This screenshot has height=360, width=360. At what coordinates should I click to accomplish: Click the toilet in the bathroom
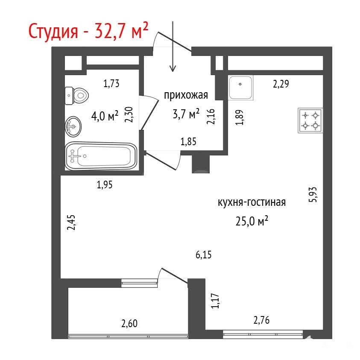click(77, 96)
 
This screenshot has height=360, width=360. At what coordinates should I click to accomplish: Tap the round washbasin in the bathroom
click(73, 126)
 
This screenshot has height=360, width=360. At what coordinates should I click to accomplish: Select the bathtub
click(101, 156)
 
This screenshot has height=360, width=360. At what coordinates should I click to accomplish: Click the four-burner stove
click(310, 120)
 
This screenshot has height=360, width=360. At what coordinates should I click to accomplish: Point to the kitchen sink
click(240, 88)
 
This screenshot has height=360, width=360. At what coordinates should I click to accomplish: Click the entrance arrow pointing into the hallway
click(173, 47)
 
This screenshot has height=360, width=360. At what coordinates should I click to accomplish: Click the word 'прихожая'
click(186, 95)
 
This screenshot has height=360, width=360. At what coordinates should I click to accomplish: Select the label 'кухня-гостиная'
click(252, 202)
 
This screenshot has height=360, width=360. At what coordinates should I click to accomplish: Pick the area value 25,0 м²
click(252, 221)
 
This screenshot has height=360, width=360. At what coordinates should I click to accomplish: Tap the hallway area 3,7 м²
click(186, 114)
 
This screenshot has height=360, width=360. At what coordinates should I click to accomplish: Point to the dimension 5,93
click(313, 194)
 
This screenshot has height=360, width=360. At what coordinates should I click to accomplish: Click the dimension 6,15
click(203, 255)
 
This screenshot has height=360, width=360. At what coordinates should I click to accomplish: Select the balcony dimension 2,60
click(129, 324)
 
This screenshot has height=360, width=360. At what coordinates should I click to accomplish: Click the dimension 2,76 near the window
click(261, 320)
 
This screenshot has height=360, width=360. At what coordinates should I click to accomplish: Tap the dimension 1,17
click(215, 301)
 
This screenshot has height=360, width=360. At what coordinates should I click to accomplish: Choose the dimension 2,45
click(71, 222)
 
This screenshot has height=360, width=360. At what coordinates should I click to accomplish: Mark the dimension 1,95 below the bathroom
click(105, 184)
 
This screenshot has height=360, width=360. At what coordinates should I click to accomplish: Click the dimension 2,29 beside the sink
click(281, 84)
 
